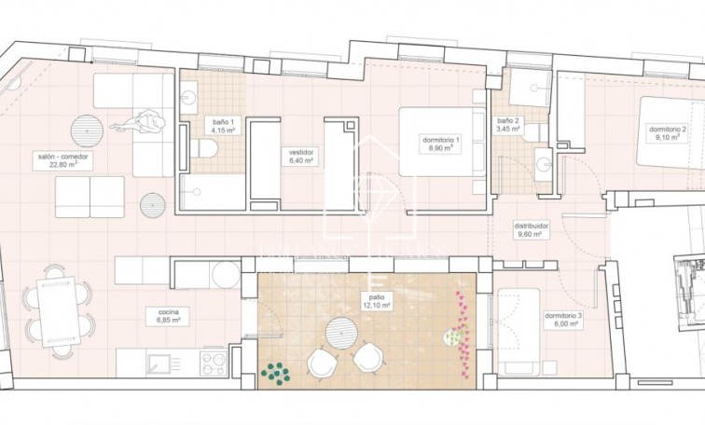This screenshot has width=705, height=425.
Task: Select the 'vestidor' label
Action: click(301, 151)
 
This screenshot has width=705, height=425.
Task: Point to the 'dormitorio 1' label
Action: click(440, 140)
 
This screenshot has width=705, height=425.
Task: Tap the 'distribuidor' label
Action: click(532, 226)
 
